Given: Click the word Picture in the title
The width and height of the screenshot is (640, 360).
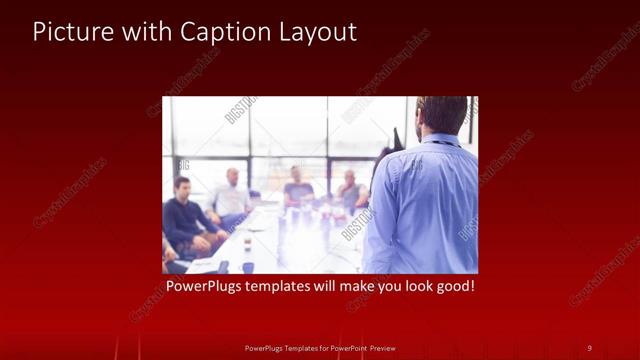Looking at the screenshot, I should click(x=70, y=32).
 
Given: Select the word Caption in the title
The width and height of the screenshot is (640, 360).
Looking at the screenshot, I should click(x=217, y=32).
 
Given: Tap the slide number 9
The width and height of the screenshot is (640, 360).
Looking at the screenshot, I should click(x=589, y=347).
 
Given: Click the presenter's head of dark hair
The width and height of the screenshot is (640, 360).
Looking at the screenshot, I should click(x=443, y=112).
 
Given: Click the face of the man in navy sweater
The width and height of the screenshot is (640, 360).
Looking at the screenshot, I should click(x=182, y=188).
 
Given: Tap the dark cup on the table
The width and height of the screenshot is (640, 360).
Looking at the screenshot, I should click(x=247, y=266).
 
